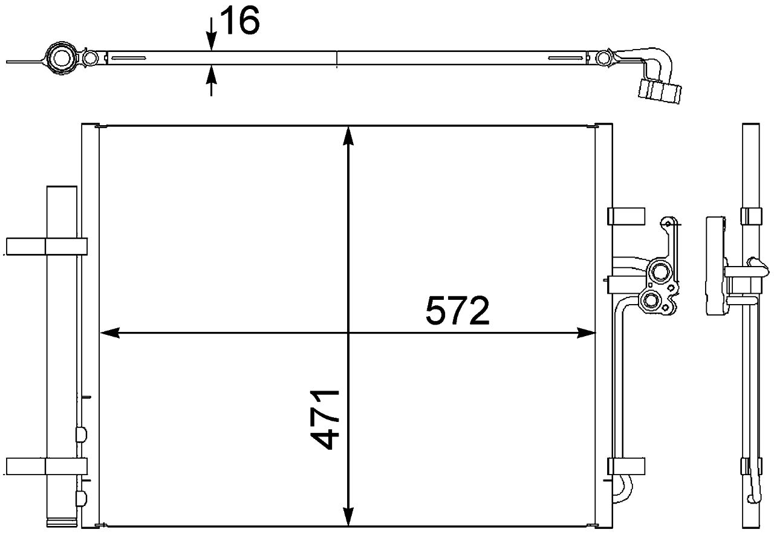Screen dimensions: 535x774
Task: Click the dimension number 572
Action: pyautogui.click(x=457, y=310)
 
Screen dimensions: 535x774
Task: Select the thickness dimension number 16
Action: pyautogui.click(x=239, y=22)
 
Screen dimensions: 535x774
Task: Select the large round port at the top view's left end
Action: pyautogui.click(x=60, y=58)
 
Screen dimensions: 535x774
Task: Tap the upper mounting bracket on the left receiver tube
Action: pyautogui.click(x=47, y=246)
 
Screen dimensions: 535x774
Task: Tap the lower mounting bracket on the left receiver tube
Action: pyautogui.click(x=47, y=466)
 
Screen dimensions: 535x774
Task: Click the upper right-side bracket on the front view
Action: pyautogui.click(x=626, y=216)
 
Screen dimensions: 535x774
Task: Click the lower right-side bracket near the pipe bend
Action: pyautogui.click(x=626, y=466)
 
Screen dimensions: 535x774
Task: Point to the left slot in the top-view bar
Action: pyautogui.click(x=127, y=58)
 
